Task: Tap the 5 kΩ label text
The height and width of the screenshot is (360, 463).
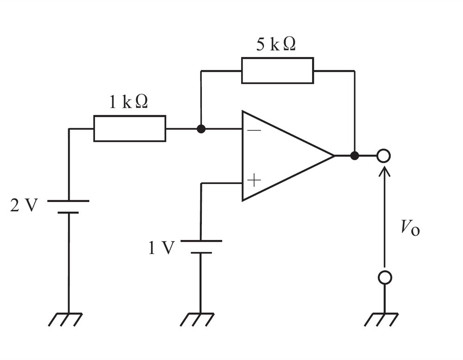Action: tap(276, 44)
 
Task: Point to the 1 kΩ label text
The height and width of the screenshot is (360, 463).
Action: tap(128, 102)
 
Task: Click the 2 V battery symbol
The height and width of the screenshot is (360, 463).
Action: tap(68, 207)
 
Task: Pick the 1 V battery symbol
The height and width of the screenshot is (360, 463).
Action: tap(201, 247)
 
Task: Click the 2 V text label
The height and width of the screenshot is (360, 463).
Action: tap(24, 205)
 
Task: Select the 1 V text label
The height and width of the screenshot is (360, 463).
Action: tap(161, 248)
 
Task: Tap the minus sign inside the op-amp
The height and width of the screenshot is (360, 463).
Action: tap(254, 130)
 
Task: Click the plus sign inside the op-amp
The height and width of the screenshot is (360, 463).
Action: tap(254, 180)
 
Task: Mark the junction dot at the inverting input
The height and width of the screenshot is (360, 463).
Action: tap(201, 129)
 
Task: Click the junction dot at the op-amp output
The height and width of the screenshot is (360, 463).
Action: tap(354, 156)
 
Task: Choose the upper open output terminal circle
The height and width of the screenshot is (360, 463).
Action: tap(383, 156)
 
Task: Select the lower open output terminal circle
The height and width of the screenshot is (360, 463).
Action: tap(385, 278)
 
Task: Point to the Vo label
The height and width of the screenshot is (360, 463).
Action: tap(410, 228)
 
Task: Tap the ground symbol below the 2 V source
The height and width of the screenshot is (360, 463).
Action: tap(65, 319)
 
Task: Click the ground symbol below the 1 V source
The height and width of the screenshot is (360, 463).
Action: tap(197, 319)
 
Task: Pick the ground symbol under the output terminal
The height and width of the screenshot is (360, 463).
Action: tap(382, 319)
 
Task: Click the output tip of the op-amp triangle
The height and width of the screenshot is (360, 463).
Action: tap(335, 156)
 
